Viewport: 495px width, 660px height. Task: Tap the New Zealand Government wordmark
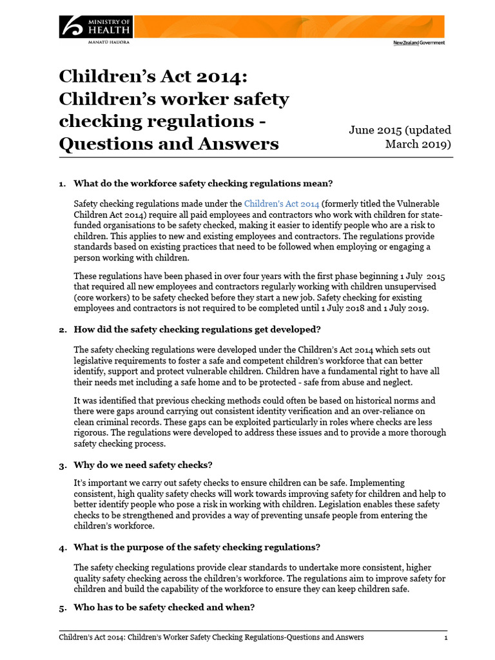[x=418, y=43]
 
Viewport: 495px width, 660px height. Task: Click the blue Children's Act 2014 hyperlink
[x=282, y=202]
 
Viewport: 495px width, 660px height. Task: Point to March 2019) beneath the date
[x=418, y=143]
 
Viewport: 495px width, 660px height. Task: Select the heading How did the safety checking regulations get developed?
[x=197, y=329]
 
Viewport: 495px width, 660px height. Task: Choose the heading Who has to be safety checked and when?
[x=164, y=607]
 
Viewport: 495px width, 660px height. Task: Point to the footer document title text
[x=211, y=637]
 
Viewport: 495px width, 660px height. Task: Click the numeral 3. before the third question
[x=63, y=465]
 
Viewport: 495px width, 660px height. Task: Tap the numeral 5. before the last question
[x=63, y=607]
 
